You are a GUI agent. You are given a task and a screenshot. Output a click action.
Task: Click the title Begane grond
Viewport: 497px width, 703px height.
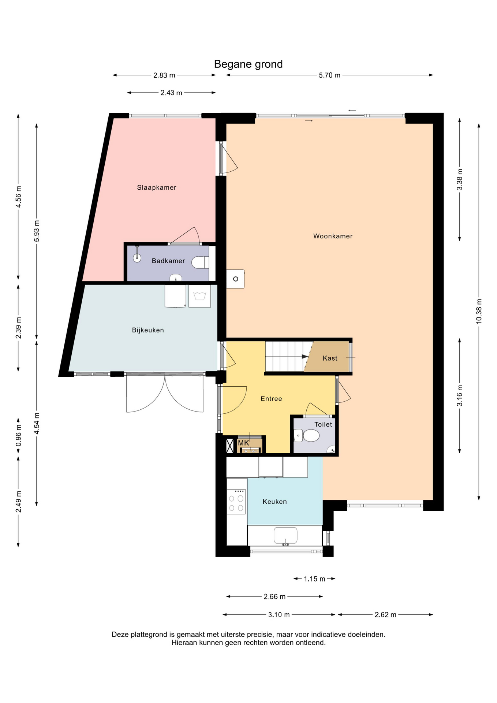[x=248, y=64]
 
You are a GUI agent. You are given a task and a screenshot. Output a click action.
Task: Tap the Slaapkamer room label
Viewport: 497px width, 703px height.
[x=157, y=187]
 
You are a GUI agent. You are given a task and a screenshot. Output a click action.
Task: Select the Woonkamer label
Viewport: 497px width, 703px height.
[x=333, y=236]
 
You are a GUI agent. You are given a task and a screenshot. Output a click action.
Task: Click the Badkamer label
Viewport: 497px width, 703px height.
[x=168, y=261]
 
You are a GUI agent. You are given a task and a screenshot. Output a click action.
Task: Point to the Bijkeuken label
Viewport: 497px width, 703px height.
[x=148, y=330]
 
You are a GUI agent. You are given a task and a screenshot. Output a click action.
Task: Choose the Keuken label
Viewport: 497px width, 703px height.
[x=274, y=502]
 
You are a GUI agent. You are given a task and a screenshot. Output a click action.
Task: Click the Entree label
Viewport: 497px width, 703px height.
[x=271, y=399]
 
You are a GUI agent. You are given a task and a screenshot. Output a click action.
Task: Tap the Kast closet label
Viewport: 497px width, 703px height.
[x=330, y=358]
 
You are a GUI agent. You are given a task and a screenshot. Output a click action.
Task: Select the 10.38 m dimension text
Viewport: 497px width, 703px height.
[x=479, y=311]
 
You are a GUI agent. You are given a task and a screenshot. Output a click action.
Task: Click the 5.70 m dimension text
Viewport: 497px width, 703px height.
[x=329, y=75]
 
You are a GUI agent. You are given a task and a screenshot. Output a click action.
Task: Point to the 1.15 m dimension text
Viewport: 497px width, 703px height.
[x=314, y=579]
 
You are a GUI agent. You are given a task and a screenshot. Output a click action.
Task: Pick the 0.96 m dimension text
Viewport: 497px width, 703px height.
[x=18, y=435]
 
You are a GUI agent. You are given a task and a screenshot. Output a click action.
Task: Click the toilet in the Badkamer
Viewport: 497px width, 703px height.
[x=200, y=263]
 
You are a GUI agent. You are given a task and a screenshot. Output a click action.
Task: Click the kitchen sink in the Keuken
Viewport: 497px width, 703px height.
[x=285, y=536]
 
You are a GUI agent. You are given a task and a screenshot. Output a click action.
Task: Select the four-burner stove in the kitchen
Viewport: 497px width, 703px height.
[x=236, y=501]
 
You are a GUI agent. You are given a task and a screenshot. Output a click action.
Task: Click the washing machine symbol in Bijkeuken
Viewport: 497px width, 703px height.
[x=199, y=296]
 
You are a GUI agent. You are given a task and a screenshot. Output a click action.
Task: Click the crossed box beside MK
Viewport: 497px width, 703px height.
[x=230, y=446]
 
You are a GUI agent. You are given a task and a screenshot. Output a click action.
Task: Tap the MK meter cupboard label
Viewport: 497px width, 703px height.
[x=243, y=443]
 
